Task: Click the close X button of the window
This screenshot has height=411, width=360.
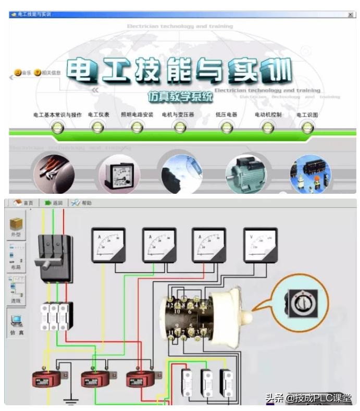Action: (x=351, y=15)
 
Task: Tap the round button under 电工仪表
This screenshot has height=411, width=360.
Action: (x=97, y=126)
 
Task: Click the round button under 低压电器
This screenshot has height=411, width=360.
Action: (x=226, y=126)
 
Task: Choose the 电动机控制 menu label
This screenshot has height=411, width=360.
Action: (x=268, y=115)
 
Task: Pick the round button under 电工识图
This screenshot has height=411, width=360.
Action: (x=308, y=126)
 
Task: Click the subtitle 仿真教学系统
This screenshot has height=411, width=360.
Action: (x=180, y=97)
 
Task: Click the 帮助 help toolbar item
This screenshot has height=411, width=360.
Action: (x=82, y=203)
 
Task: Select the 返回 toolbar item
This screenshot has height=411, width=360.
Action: (x=54, y=203)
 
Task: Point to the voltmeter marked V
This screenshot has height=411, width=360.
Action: (x=261, y=244)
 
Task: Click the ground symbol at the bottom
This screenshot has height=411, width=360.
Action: (x=69, y=402)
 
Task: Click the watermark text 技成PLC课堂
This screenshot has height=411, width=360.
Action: (x=323, y=398)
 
